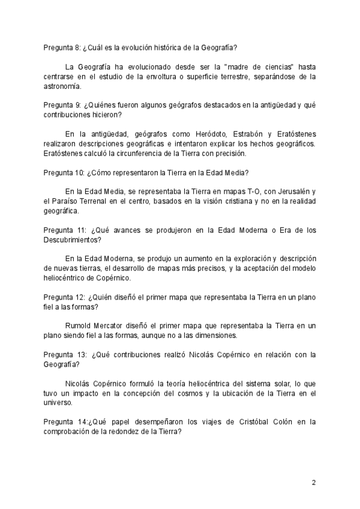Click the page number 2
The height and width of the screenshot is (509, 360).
[x=313, y=483]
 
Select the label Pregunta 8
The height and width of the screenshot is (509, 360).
[x=62, y=47]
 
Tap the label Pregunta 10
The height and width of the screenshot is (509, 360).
[x=64, y=173]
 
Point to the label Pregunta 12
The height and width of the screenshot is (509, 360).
[x=64, y=298]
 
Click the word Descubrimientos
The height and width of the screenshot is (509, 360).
[x=71, y=240]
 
